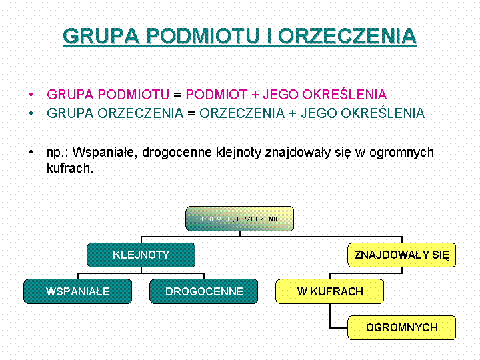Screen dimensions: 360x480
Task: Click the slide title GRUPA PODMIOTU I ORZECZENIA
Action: point(239,36)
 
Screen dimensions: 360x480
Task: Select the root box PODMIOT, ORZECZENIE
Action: point(239,219)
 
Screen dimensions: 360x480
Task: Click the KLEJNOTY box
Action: point(141,255)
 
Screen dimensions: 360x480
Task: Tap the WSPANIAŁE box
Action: point(77,291)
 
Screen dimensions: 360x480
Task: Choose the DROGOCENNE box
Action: point(203,291)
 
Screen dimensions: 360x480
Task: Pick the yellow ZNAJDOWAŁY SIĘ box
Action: point(401,255)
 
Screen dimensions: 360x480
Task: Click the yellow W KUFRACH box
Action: point(330,291)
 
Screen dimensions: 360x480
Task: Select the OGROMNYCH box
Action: point(401,327)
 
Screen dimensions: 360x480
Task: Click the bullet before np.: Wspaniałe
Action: point(31,153)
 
